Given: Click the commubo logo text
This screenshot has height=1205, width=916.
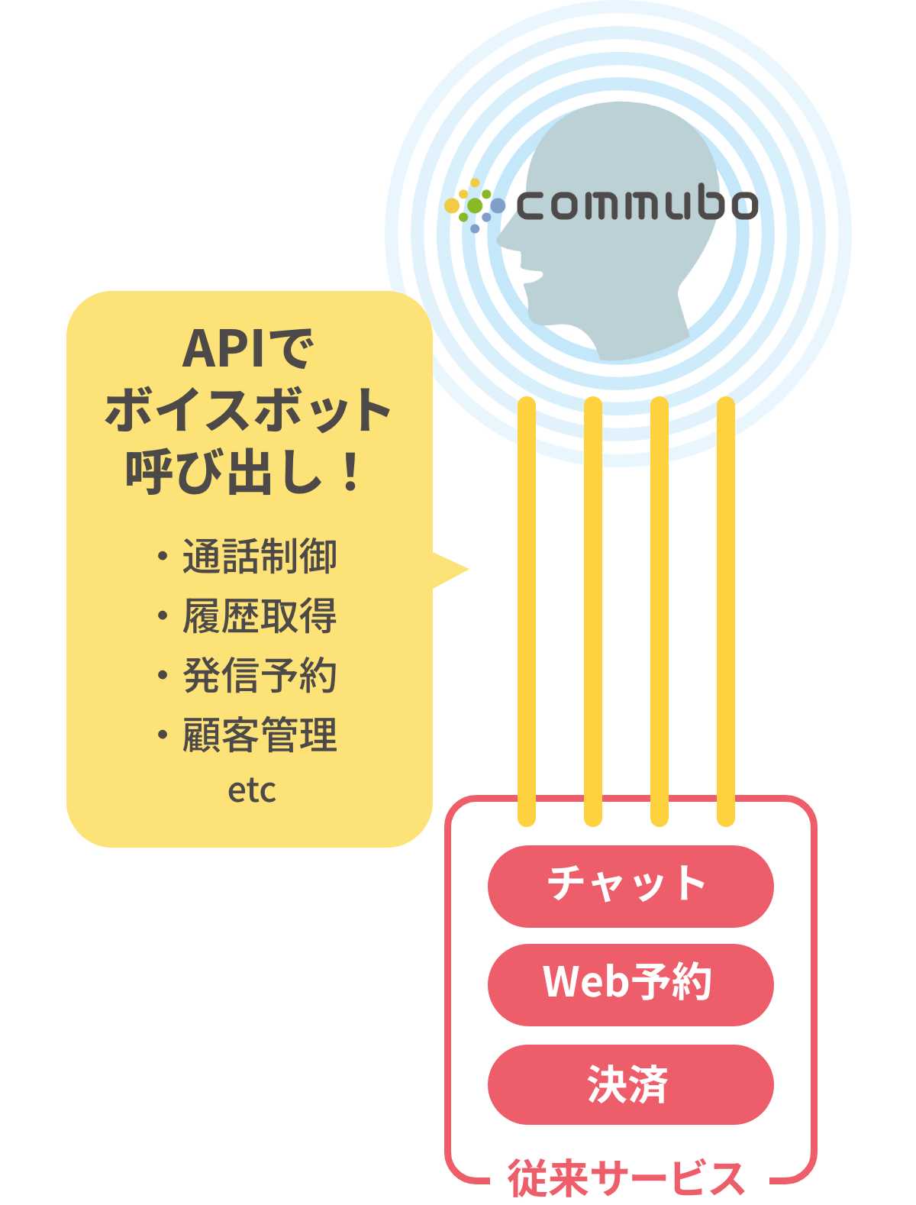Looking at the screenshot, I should (637, 205).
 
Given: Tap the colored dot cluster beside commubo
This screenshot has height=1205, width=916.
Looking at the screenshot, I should (473, 205).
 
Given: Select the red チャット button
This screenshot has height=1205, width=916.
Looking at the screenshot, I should (630, 885).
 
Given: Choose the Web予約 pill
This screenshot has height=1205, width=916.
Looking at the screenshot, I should (630, 984).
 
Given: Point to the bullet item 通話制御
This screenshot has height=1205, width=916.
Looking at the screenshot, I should (259, 556).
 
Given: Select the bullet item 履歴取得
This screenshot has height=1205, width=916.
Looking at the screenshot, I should (259, 615).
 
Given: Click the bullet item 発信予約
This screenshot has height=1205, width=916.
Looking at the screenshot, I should (259, 675).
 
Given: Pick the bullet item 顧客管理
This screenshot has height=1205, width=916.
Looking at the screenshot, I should (259, 735).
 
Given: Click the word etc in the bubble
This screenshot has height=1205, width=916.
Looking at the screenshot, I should (251, 790).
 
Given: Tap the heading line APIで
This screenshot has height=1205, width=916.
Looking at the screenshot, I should (248, 349).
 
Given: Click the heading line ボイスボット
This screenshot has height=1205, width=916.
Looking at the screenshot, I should (248, 410).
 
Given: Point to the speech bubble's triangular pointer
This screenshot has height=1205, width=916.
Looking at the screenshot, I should (450, 570).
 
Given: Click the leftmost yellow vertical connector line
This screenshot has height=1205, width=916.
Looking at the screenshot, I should (526, 611).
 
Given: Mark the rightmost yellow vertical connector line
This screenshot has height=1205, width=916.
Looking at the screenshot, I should (726, 611).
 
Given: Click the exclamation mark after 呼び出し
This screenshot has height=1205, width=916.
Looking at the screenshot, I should (351, 471).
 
